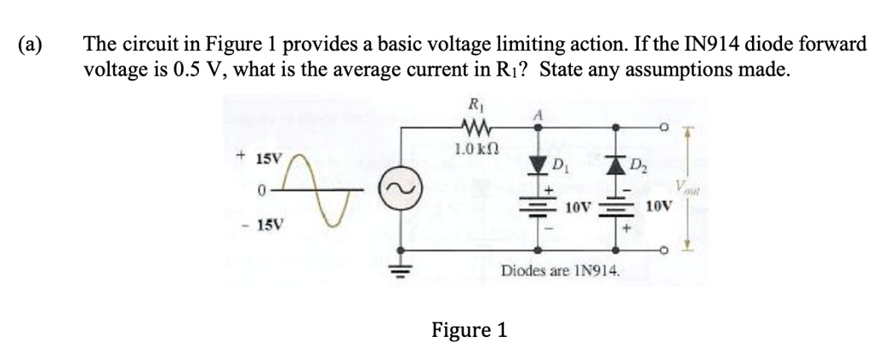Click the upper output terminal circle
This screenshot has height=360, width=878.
tap(665, 127)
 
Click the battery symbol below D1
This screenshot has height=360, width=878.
tap(538, 206)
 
